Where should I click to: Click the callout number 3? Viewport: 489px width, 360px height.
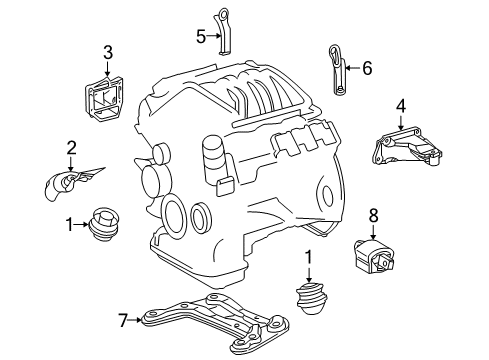108,52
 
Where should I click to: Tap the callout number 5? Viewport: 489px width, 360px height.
199,38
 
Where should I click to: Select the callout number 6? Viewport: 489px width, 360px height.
366,68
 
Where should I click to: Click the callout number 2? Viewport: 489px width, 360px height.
71,149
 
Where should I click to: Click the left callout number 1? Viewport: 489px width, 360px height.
70,226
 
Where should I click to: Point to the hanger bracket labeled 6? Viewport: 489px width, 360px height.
336,70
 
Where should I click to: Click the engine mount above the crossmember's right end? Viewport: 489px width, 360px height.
311,298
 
